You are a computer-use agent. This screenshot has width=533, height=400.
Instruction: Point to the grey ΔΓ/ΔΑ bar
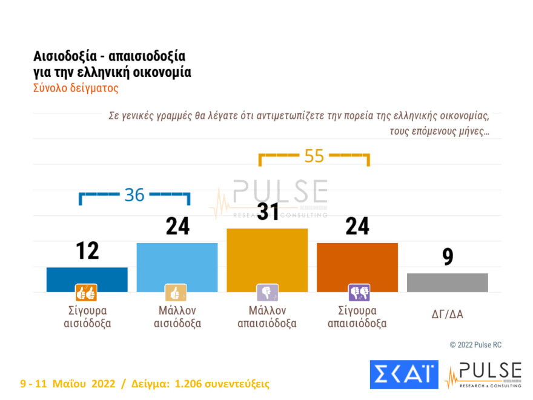coord(447,282)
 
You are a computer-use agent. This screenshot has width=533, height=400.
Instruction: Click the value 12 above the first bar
coord(87,250)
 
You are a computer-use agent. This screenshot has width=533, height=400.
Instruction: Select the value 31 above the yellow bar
coord(267,212)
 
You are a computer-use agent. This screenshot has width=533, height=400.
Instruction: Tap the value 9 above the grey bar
coord(448,257)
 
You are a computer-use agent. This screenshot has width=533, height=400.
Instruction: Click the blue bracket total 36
coord(134,195)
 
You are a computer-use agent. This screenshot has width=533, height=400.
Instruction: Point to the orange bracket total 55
coord(314,156)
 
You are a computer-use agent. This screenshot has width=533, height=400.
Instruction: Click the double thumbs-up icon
coord(86,293)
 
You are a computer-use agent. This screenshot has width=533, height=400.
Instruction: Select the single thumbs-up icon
coord(176,293)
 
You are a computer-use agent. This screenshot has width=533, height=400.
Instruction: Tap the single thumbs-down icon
coord(267,293)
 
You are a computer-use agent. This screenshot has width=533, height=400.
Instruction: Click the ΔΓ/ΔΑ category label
coord(447,313)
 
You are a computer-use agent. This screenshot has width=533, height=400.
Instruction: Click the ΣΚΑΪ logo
coord(403,374)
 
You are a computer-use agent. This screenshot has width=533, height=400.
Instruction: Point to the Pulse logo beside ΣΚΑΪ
coord(483,375)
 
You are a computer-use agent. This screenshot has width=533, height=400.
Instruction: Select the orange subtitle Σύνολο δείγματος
coord(76,87)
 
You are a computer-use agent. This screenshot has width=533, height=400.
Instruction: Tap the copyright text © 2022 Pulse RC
coord(475,345)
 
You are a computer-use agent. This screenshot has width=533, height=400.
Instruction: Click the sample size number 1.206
coord(190,384)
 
